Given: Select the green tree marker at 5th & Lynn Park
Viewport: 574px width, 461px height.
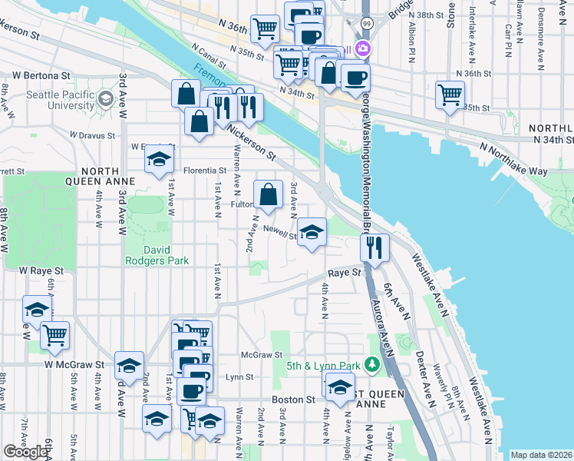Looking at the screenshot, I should [374, 363].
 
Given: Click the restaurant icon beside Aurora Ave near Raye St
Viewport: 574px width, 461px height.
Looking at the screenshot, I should [374, 247].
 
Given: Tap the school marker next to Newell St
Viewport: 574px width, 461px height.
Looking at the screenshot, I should [312, 233].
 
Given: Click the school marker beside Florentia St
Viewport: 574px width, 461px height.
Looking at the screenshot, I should [159, 161].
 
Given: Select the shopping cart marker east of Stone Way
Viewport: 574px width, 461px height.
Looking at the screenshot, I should [450, 95].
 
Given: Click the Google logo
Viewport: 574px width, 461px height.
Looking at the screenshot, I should [25, 452].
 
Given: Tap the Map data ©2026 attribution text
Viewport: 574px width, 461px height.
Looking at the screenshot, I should [541, 455].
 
